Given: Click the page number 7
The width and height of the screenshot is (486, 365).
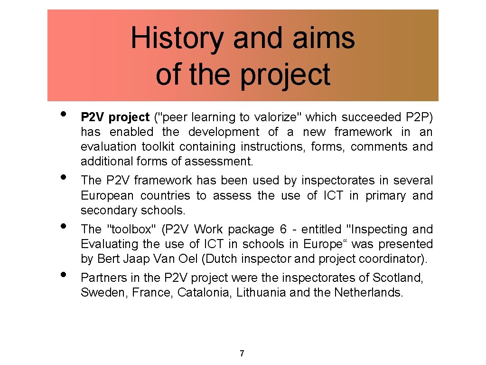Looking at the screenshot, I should [242, 353].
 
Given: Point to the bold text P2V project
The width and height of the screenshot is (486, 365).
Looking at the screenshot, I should [115, 117].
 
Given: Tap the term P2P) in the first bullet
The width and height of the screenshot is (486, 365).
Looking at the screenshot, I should [420, 117].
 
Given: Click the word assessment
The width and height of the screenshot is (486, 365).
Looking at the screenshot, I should [219, 162].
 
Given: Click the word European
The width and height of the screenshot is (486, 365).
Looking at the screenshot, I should [109, 196].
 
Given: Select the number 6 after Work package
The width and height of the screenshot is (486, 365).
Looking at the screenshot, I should [283, 229].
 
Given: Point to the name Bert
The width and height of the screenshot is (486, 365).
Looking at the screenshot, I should [108, 259].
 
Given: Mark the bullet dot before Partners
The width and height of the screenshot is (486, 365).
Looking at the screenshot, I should [63, 274].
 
